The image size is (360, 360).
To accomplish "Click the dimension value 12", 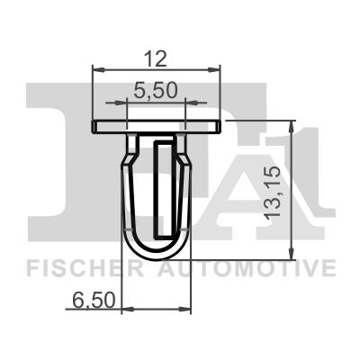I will [x=157, y=59].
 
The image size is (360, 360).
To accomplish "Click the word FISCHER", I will [x=78, y=268].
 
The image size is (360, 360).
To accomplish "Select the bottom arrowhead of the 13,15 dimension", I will [x=292, y=256].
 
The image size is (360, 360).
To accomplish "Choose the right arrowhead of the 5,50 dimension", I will [x=184, y=102].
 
